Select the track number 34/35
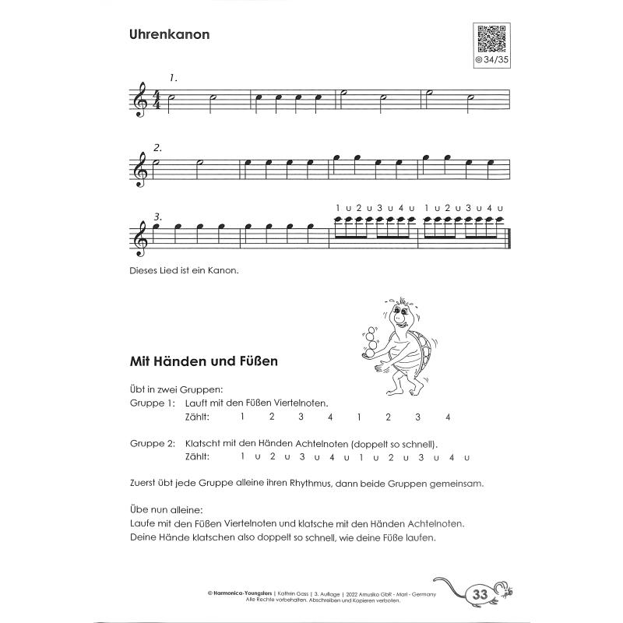(x=492, y=59)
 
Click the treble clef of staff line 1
(x=141, y=100)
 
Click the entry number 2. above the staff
(x=157, y=147)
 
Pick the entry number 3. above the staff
(x=158, y=216)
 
